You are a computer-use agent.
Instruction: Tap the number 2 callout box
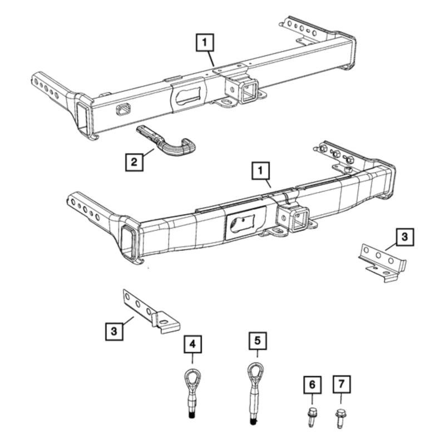point(133,162)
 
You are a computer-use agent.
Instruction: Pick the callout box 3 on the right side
point(405,237)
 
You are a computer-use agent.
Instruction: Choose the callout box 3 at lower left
point(114,332)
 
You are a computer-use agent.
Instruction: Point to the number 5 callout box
point(257,339)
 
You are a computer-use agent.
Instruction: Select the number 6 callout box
point(311,384)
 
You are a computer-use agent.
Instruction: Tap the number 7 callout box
point(340,384)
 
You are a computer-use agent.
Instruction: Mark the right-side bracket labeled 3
point(382,263)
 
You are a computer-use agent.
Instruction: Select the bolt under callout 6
point(311,416)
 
